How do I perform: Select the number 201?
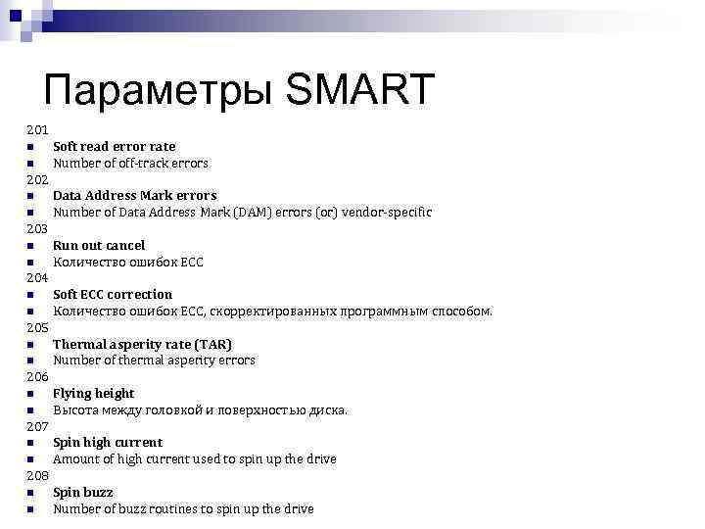pos(37,129)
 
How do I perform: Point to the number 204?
pos(37,277)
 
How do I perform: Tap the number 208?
pos(37,475)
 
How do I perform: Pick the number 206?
pos(37,376)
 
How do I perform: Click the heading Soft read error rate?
pos(114,146)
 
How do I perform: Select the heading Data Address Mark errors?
pos(134,195)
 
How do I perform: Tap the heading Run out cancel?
pos(98,245)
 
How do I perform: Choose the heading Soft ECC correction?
pos(112,294)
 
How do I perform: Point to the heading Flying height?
pos(93,393)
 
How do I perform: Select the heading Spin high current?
pos(108,442)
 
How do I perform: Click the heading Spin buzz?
pos(82,492)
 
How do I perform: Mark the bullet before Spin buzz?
pos(31,493)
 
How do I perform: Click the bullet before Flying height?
pos(31,394)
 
